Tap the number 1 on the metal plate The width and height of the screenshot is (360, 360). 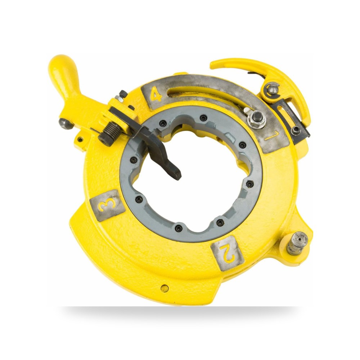273,136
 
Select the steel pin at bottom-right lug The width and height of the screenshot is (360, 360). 297,243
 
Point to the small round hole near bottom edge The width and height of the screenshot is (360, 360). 165,288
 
